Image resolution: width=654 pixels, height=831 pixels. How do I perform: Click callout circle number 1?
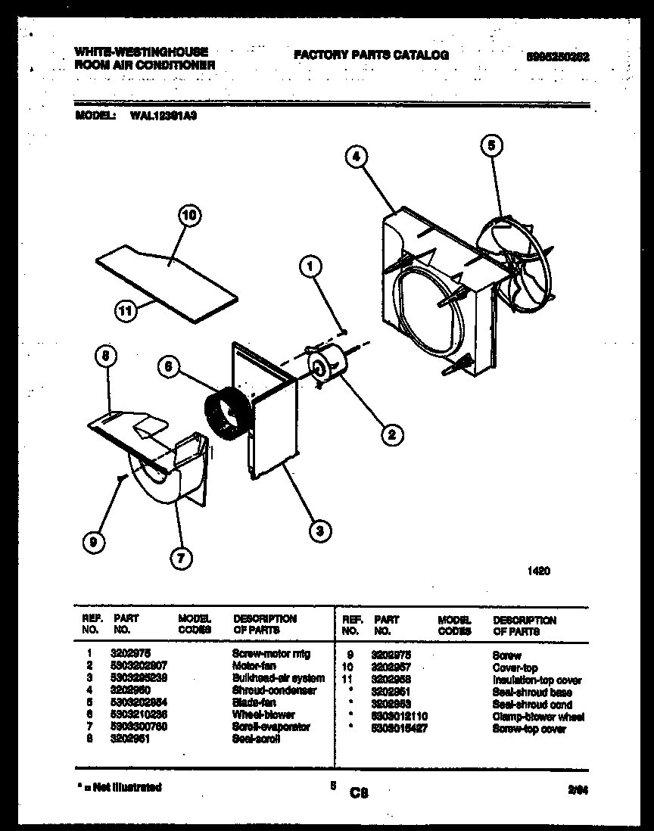click(x=310, y=266)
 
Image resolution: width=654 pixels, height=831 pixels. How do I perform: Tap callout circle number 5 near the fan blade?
click(x=491, y=145)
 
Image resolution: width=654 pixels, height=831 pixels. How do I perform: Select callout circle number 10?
click(x=190, y=215)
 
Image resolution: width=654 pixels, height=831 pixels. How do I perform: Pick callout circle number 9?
click(x=93, y=541)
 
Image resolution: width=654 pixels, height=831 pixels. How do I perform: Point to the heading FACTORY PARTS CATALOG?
click(x=371, y=55)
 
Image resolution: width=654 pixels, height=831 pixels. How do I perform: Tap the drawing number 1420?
click(x=538, y=572)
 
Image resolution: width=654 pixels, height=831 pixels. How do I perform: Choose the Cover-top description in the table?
click(x=515, y=668)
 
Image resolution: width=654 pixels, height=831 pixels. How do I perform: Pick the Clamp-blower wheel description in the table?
click(x=537, y=717)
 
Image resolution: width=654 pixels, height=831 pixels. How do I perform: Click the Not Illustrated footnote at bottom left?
click(x=120, y=787)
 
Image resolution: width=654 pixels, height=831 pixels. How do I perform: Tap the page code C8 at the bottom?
click(x=359, y=792)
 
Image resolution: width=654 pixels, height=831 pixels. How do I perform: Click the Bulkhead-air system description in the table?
click(x=279, y=678)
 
